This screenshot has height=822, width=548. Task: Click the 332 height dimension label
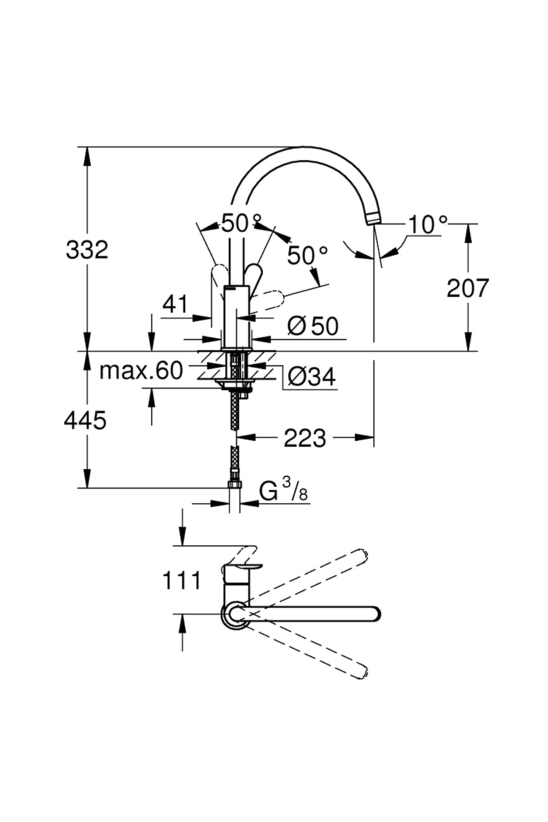[x=87, y=250]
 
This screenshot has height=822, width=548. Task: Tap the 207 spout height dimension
[x=467, y=288]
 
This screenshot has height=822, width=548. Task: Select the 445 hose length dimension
[x=85, y=420]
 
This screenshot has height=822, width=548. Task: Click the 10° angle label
[x=427, y=225]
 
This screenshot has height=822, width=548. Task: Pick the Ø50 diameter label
[x=313, y=326]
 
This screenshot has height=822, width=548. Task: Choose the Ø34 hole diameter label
[x=312, y=377]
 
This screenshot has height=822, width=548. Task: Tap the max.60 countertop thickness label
[x=141, y=371]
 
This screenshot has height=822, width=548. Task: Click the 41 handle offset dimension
[x=175, y=304]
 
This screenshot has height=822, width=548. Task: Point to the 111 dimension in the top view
[x=181, y=581]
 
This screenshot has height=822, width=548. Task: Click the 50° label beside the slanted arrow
[x=307, y=256]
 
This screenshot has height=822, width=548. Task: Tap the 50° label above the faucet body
[x=241, y=224]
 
